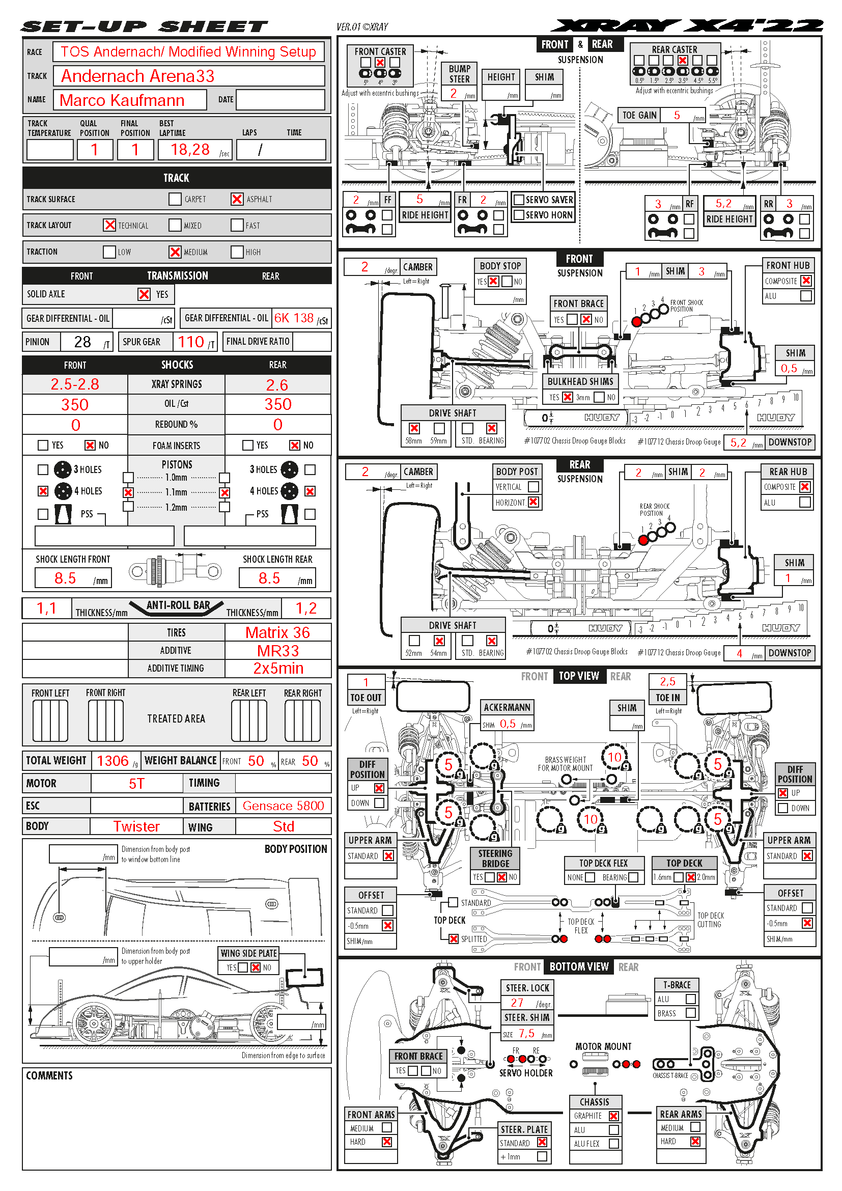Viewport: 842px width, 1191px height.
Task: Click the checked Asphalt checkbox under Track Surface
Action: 237,199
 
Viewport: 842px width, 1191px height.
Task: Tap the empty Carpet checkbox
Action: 175,199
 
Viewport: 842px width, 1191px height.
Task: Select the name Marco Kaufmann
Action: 122,100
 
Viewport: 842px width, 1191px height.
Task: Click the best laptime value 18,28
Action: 190,150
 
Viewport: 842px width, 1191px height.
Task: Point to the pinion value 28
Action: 82,342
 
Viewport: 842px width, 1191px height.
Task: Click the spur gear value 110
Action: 191,342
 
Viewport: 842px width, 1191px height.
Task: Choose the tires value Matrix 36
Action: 277,632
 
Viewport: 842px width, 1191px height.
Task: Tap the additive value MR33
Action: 278,650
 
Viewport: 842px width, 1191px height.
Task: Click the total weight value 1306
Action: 113,761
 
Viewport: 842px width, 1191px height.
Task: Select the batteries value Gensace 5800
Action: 283,806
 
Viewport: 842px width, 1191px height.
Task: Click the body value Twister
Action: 136,826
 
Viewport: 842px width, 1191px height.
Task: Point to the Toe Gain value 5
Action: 677,115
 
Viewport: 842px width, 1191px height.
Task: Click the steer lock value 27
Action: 517,1003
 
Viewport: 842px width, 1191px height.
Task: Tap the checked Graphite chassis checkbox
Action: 613,1116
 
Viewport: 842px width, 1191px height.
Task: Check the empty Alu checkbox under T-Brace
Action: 690,999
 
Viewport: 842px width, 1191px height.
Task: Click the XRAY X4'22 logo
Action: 686,25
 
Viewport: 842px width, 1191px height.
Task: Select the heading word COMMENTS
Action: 49,1076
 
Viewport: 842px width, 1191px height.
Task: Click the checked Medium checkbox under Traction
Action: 175,252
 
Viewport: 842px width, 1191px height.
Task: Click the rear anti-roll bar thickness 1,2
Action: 306,608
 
